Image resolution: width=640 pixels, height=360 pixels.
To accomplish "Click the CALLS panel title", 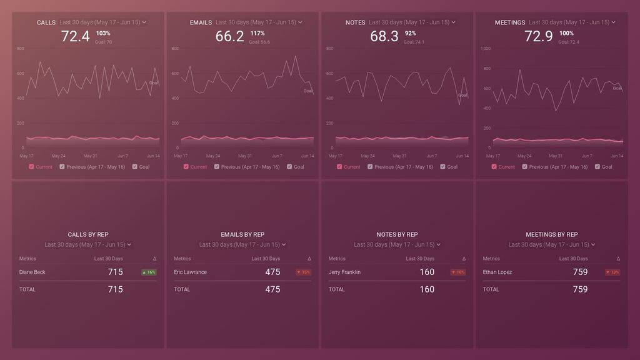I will pos(46,22).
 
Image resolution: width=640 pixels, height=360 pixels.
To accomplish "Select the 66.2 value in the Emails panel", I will pos(229,36).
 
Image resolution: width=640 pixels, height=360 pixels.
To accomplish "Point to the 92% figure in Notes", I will pos(410,33).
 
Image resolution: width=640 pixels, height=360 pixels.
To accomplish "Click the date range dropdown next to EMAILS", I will pos(259,22).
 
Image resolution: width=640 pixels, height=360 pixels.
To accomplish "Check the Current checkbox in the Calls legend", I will pos(32,167).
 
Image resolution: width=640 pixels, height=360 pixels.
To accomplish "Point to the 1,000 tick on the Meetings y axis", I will pos(485,48).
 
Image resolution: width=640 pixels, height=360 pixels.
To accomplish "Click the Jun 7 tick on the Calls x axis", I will pos(122,156).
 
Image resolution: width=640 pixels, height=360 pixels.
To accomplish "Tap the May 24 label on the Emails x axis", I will pos(213,156).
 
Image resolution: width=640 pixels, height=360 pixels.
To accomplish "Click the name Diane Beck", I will pos(32,272).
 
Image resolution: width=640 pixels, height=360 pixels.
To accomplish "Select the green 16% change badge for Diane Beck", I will pos(149,272).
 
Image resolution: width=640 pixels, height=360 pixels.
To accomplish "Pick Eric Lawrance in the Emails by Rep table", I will pos(190,272).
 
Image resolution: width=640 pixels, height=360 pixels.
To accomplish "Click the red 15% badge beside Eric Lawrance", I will pos(303,272).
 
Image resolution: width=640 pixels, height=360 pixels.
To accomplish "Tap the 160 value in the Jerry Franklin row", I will pos(427,272).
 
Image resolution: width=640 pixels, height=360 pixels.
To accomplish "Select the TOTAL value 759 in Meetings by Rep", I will pos(580,289).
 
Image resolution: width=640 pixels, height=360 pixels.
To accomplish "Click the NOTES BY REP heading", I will pos(397,234).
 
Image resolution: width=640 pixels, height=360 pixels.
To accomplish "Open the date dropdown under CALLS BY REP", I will pos(88,244).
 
